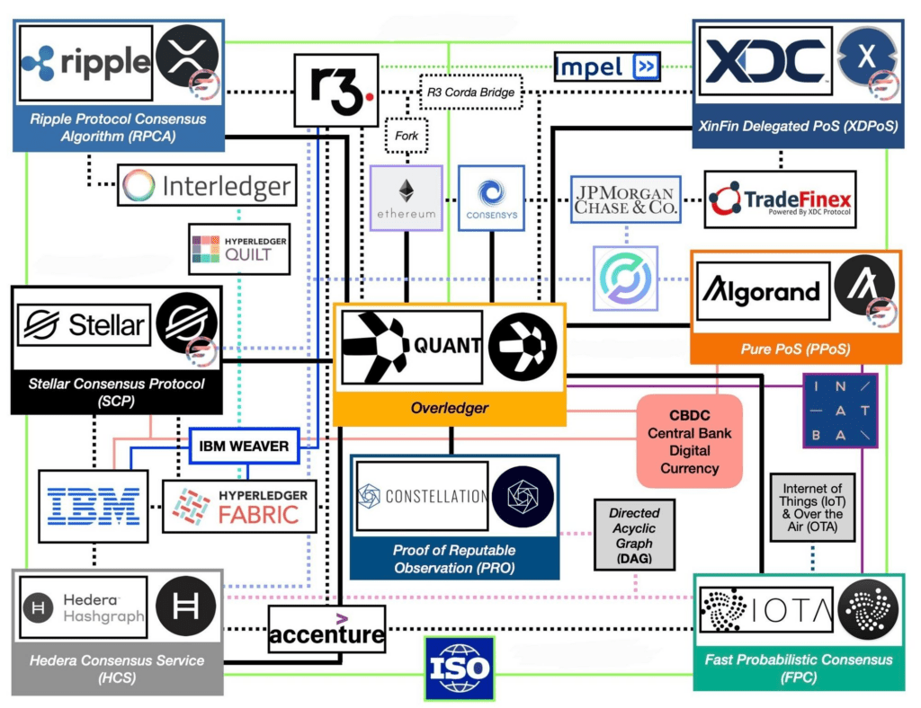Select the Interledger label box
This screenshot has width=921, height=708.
click(207, 186)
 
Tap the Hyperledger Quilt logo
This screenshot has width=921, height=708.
click(239, 249)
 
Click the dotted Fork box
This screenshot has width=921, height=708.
click(407, 137)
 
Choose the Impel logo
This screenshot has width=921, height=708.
click(607, 66)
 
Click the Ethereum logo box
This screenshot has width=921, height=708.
click(407, 198)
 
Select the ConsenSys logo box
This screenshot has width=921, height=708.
click(491, 198)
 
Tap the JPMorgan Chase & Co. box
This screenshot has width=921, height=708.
click(625, 199)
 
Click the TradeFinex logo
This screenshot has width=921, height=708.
click(780, 199)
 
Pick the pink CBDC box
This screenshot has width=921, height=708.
click(690, 441)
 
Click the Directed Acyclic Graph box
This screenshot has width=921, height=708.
click(634, 535)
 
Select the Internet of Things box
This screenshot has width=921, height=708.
click(812, 507)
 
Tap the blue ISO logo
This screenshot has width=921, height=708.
click(460, 668)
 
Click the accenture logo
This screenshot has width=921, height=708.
click(326, 630)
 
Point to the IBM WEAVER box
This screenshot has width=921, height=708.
click(245, 445)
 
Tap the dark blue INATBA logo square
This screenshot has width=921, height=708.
click(839, 410)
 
